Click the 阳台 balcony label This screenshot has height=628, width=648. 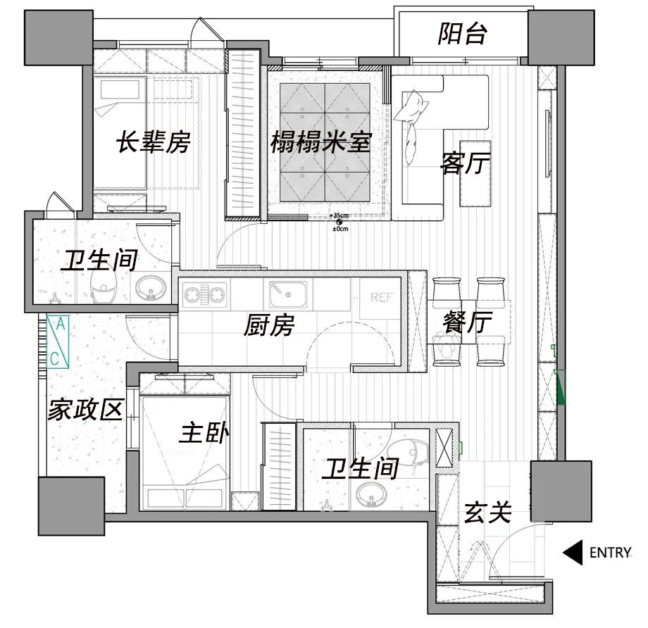click(x=462, y=34)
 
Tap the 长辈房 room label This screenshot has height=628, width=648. click(x=153, y=143)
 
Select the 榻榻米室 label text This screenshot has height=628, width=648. click(x=320, y=143)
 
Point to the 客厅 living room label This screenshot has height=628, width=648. click(x=465, y=163)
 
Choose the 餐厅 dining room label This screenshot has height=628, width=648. click(x=467, y=324)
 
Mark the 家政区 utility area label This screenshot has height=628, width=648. click(x=85, y=409)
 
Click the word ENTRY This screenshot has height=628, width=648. click(x=610, y=553)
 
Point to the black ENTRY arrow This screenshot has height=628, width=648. click(x=572, y=553)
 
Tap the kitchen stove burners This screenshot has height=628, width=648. click(x=205, y=294)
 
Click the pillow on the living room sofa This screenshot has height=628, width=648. click(x=411, y=107)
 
